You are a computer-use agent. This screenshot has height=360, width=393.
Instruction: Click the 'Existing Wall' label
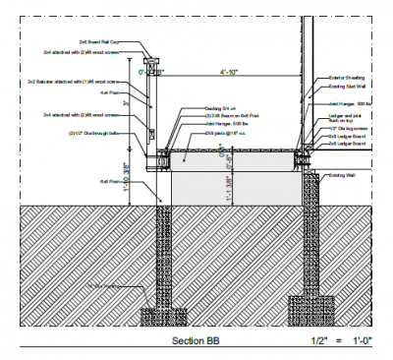pos(345,176)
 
